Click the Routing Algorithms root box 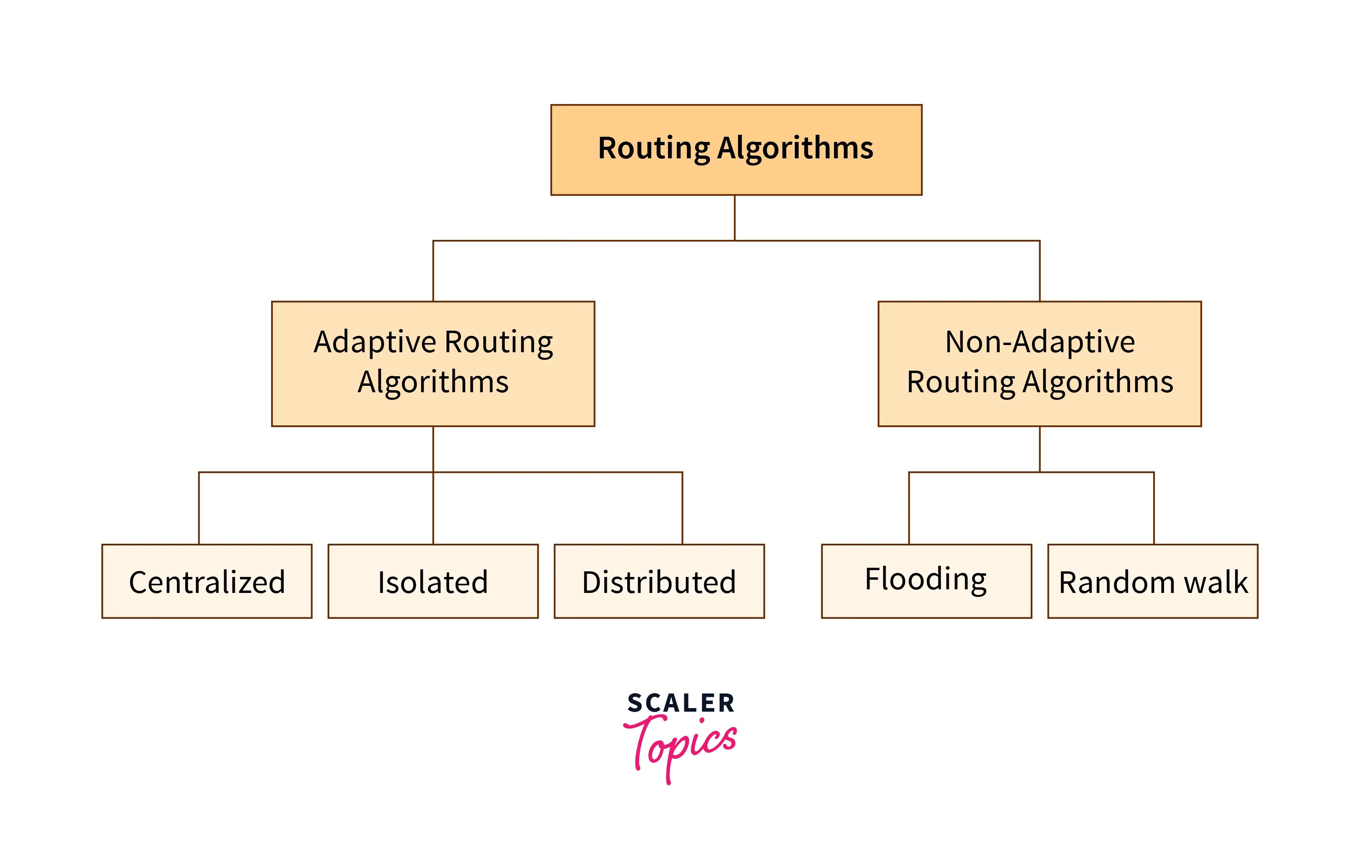tap(736, 150)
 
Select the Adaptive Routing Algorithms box tap(433, 363)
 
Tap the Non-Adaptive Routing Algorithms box tap(1039, 363)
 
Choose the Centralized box tap(207, 581)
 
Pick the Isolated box tap(433, 581)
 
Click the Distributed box tap(659, 581)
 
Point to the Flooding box tap(926, 581)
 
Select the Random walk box tap(1153, 581)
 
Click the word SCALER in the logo tap(680, 703)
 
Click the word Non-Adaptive tap(1040, 342)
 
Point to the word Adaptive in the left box tap(375, 342)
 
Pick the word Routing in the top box tap(654, 148)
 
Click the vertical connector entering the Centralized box tap(199, 508)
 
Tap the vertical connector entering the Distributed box tap(682, 508)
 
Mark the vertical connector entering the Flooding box tap(909, 508)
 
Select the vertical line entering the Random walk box tap(1154, 508)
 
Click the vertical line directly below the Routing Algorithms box tap(734, 218)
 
